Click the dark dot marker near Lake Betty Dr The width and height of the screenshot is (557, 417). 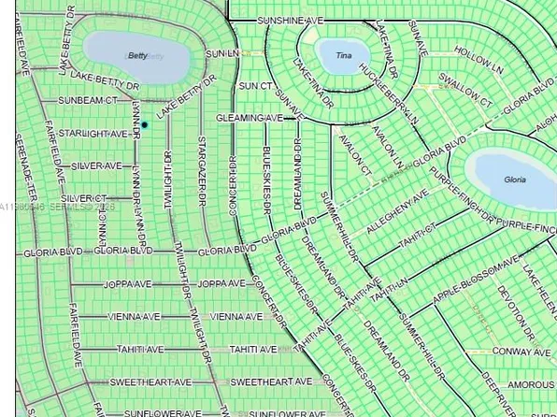tap(145, 124)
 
